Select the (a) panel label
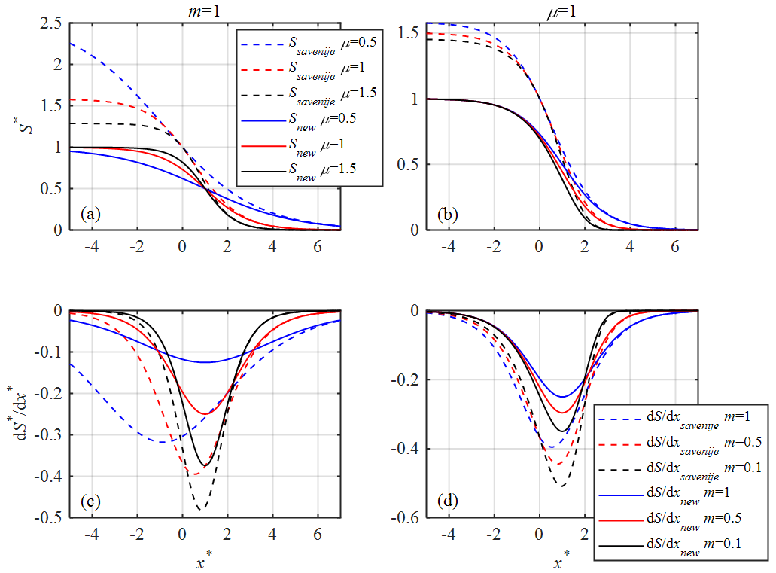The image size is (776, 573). tap(91, 215)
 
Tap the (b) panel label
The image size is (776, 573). tap(449, 215)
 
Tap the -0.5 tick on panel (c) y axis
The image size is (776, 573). tap(47, 517)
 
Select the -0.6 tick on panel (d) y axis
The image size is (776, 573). tap(404, 517)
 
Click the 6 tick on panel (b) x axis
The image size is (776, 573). tap(675, 245)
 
